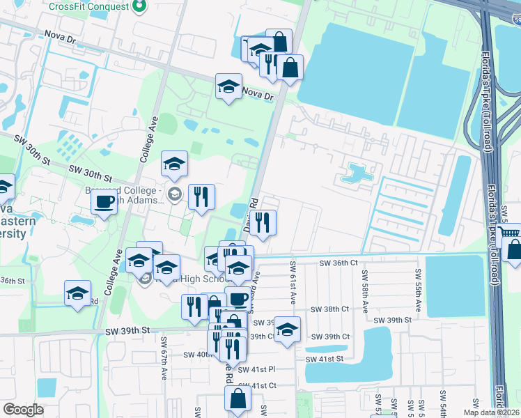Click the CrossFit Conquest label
tap(88, 6)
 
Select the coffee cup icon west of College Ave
tap(104, 202)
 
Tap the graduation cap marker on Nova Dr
tap(228, 86)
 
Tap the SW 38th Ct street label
tap(329, 309)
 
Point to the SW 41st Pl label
tap(256, 370)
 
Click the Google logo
tap(23, 410)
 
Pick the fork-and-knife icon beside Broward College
tap(201, 196)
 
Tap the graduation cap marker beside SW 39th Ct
tap(286, 330)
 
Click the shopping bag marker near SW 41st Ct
tap(238, 398)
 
